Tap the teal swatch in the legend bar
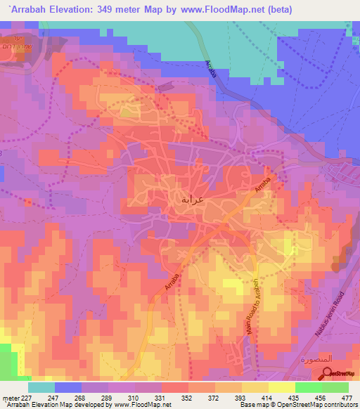(41, 387)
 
